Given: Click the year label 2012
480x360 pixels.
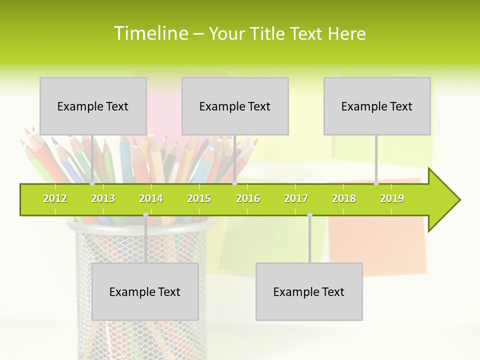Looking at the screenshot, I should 55,198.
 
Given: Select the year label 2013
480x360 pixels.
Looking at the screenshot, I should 103,198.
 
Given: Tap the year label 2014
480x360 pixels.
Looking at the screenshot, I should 151,198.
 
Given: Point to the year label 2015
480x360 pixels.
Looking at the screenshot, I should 199,198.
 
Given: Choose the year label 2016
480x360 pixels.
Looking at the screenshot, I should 248,198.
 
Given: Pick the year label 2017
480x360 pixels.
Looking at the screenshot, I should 296,198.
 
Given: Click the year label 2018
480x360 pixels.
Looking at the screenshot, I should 344,198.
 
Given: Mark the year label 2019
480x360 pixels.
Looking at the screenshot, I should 392,198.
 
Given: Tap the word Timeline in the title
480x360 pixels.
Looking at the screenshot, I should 150,33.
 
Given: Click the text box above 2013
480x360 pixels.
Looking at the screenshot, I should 93,106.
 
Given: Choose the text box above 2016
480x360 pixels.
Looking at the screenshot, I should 235,106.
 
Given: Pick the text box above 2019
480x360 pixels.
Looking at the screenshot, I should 377,106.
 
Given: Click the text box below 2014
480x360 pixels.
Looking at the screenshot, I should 145,291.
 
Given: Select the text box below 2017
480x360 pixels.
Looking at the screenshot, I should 309,291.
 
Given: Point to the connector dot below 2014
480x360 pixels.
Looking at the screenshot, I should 145,214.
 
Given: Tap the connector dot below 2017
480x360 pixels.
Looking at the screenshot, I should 309,214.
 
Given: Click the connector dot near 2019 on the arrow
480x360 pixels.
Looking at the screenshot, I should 376,183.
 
